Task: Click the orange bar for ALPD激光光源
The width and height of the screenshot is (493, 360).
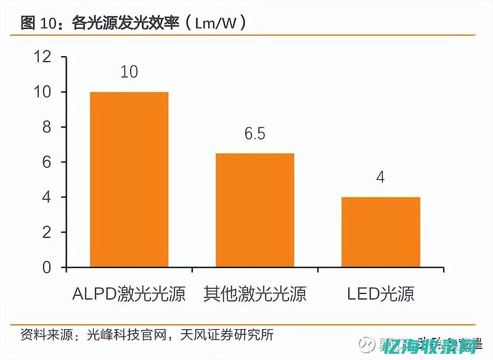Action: pyautogui.click(x=129, y=179)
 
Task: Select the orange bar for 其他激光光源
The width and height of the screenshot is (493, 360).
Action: pyautogui.click(x=255, y=210)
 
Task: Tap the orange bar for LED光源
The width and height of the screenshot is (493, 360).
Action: pyautogui.click(x=380, y=232)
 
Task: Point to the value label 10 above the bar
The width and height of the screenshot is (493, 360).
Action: pyautogui.click(x=129, y=72)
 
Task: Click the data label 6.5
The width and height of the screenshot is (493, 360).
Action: pyautogui.click(x=255, y=133)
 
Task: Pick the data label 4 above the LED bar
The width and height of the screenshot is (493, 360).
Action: pyautogui.click(x=380, y=178)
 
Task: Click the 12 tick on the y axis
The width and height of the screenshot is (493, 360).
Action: pyautogui.click(x=43, y=57)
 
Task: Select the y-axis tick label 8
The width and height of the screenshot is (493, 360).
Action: pyautogui.click(x=46, y=127)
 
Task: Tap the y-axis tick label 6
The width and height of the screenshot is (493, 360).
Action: pyautogui.click(x=46, y=162)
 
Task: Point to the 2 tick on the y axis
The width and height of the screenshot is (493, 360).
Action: pyautogui.click(x=46, y=232)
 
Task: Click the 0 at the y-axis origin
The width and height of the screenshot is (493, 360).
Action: pyautogui.click(x=46, y=268)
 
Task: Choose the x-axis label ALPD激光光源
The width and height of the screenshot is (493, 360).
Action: pyautogui.click(x=129, y=293)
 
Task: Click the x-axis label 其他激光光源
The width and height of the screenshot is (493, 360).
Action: pyautogui.click(x=255, y=293)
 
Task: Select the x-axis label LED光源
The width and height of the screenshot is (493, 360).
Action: pyautogui.click(x=380, y=293)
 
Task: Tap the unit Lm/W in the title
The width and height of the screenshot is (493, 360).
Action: pyautogui.click(x=216, y=23)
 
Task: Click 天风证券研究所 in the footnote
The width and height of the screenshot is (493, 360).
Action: pyautogui.click(x=227, y=335)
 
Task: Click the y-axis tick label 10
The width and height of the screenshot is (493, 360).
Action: pyautogui.click(x=43, y=92)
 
